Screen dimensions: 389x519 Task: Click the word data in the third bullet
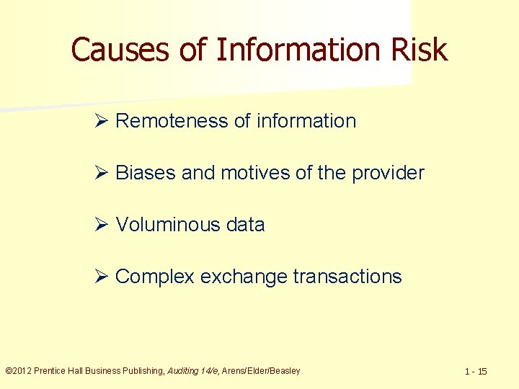245,225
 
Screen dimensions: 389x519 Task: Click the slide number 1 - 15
476,372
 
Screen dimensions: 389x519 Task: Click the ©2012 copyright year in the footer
18,371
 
